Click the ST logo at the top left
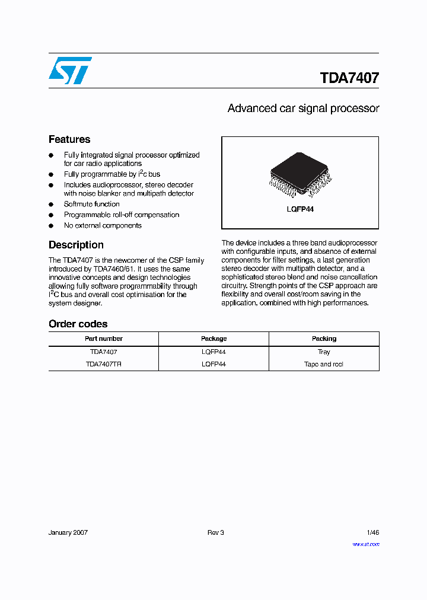(x=70, y=71)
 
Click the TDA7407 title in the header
(x=349, y=78)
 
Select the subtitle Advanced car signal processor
(x=303, y=108)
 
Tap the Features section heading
(x=69, y=139)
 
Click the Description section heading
(x=76, y=245)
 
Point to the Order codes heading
(x=78, y=324)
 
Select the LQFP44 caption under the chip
(x=300, y=209)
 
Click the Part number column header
(x=103, y=339)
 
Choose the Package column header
(x=213, y=339)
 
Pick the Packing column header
(x=324, y=339)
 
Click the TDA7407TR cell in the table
(x=103, y=364)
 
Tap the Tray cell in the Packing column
(x=324, y=352)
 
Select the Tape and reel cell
(x=324, y=364)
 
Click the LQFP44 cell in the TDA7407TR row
(x=213, y=364)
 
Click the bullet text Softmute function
(x=92, y=204)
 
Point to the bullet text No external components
(x=103, y=225)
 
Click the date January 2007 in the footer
(x=68, y=532)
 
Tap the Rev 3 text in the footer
(x=215, y=532)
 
